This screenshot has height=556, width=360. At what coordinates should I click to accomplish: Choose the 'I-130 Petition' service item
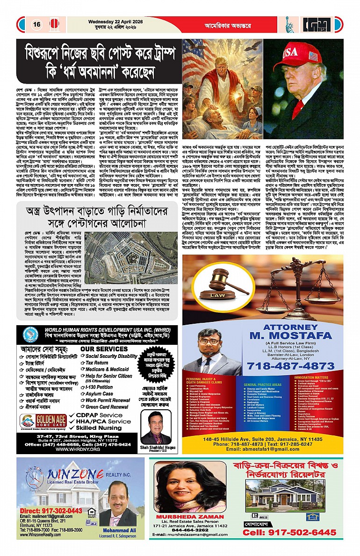[x=99, y=387]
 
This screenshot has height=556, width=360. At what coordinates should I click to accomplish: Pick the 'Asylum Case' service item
[x=99, y=394]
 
